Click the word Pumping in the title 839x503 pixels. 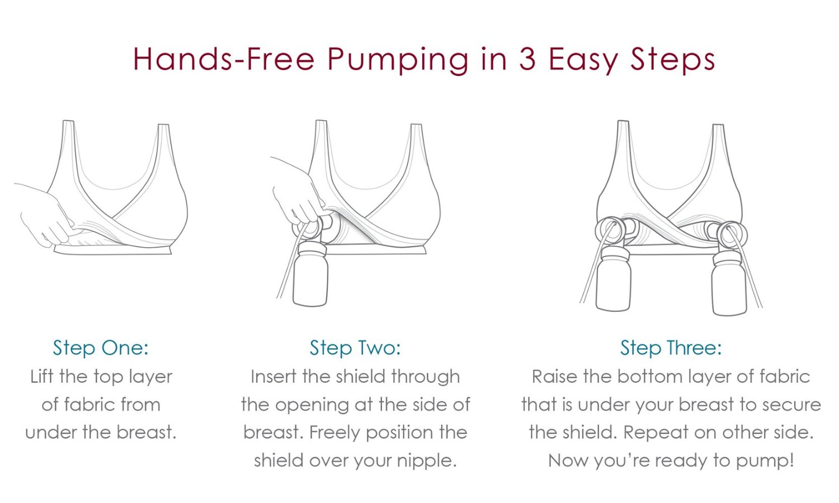coord(398,60)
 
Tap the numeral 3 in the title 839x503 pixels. coord(527,59)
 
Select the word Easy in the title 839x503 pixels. coord(583,60)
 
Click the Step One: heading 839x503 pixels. coord(101,348)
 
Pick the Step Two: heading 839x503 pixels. coord(355,348)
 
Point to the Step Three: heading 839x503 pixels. coord(671,348)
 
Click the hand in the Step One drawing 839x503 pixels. coord(48,215)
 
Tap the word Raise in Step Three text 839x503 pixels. coord(555,377)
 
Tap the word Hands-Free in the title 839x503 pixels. coord(224,59)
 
